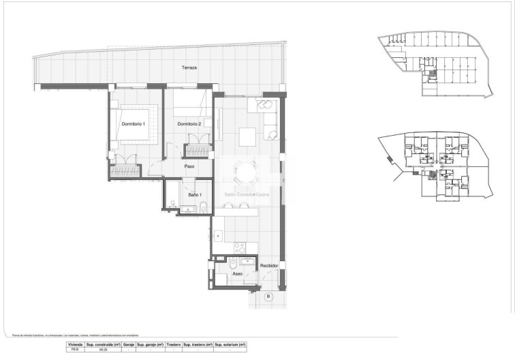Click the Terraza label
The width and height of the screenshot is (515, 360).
point(189,67)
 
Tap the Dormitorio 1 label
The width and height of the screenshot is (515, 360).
point(134,123)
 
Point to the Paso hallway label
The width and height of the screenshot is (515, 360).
point(190,166)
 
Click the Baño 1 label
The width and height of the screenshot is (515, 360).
point(194,196)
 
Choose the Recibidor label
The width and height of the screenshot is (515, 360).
point(270,267)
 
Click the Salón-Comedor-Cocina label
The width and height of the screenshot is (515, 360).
point(247,195)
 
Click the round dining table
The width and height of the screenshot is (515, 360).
point(243,170)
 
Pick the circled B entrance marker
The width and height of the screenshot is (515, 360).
point(268,296)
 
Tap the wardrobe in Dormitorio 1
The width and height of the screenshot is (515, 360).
point(126,167)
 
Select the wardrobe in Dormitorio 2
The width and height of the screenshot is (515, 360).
point(200,149)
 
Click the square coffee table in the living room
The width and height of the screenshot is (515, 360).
point(247,133)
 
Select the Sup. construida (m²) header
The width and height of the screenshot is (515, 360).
point(103,346)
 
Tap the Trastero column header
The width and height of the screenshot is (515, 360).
point(173,346)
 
